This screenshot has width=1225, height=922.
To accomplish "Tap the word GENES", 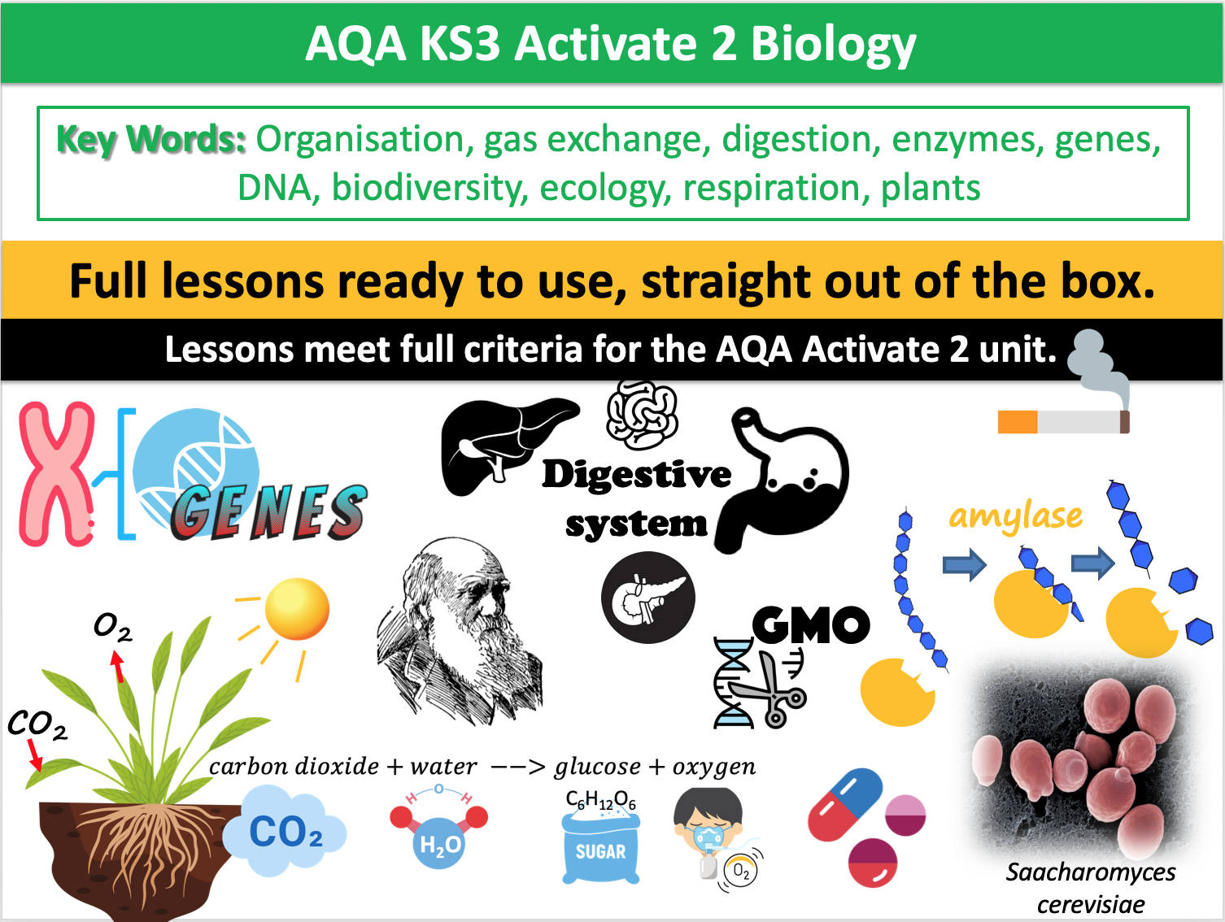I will tap(268, 513).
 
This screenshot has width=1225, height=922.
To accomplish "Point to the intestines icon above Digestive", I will tap(642, 414).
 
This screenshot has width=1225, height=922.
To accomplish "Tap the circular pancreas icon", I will tap(648, 598).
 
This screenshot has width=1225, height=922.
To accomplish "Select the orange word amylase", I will tap(1015, 516).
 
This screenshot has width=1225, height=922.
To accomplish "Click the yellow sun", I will tap(297, 609).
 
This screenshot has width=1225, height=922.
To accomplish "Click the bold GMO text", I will tap(810, 625).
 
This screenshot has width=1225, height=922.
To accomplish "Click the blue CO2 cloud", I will tap(285, 833).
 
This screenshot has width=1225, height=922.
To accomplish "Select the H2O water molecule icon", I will tap(439, 829).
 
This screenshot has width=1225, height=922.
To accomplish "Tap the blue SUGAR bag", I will tap(600, 846).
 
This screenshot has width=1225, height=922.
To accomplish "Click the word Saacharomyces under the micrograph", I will tap(1090, 872).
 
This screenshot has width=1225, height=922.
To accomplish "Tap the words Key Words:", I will tap(151, 140).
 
